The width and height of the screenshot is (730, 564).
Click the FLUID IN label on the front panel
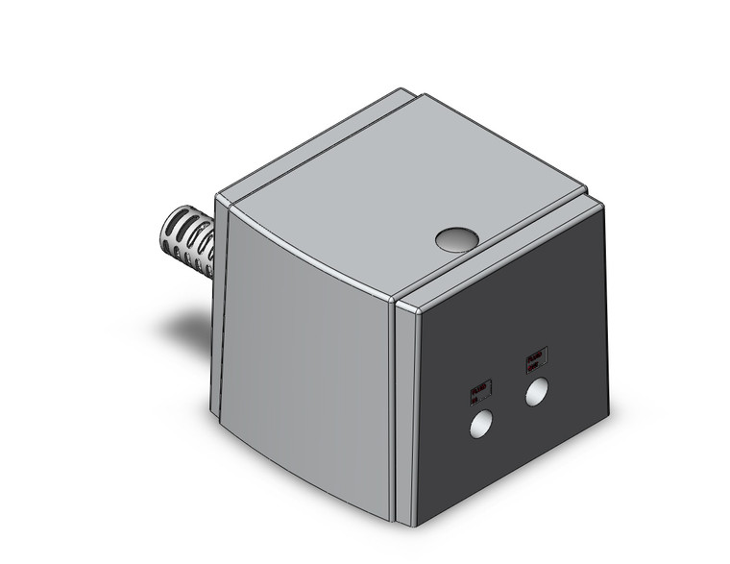[480, 391]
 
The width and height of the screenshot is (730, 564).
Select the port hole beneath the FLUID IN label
[480, 425]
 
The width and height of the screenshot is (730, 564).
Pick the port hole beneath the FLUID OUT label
[537, 391]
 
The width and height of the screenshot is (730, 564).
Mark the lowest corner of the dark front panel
[416, 525]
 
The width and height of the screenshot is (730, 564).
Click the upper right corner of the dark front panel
[603, 204]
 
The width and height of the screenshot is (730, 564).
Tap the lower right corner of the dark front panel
[608, 417]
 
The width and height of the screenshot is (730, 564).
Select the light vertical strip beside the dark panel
[403, 413]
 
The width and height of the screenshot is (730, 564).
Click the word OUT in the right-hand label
[537, 363]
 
